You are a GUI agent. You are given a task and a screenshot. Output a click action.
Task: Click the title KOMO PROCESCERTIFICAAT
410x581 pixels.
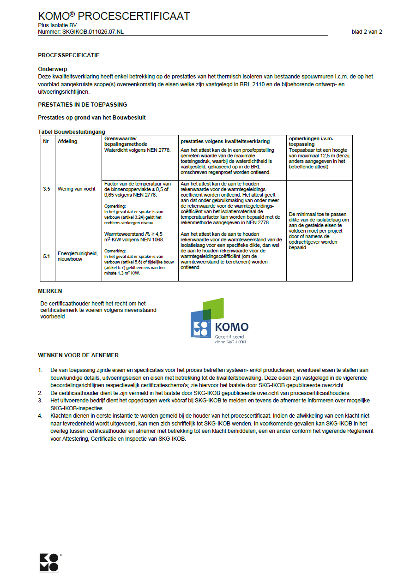(114, 16)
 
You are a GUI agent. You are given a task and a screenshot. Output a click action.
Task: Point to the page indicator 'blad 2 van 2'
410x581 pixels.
(367, 32)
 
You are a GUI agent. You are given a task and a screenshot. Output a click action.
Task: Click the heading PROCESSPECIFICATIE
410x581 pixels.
(69, 55)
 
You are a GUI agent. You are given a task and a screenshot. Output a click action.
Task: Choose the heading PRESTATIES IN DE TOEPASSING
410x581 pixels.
(82, 105)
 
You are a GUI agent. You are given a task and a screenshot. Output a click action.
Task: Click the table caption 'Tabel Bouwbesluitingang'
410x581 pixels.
(72, 132)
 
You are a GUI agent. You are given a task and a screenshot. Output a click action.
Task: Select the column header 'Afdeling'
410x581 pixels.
(67, 141)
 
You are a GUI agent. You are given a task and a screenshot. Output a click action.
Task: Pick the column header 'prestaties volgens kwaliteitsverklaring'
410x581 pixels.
(225, 141)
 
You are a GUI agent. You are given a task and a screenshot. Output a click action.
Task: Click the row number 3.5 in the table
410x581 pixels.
(47, 189)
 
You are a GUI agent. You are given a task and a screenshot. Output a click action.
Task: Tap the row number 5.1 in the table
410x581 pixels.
(47, 256)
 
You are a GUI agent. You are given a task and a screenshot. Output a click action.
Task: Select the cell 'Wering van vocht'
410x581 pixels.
(77, 189)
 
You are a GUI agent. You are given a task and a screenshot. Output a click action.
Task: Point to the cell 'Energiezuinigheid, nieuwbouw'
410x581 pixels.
(78, 256)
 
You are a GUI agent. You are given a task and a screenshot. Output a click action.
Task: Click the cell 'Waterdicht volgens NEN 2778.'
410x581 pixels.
(138, 150)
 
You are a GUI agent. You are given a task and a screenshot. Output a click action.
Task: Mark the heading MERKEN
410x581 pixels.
(50, 291)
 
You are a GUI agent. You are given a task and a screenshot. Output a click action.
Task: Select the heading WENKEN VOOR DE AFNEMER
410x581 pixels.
(78, 355)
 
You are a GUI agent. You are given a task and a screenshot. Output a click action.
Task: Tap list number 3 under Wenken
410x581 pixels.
(41, 401)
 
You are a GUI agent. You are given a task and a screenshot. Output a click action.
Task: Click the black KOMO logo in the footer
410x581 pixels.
(49, 562)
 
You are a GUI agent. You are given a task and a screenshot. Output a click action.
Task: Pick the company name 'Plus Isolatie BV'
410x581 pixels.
(57, 25)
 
